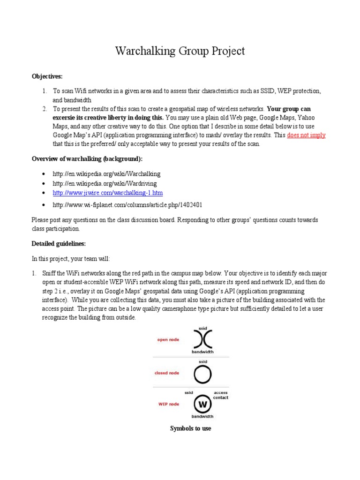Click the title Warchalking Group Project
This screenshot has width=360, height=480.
click(180, 51)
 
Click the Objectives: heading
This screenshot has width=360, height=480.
click(46, 76)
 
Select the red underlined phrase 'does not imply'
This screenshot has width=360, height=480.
click(306, 135)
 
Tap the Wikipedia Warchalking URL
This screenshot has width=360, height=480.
click(99, 174)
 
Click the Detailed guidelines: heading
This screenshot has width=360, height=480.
click(59, 244)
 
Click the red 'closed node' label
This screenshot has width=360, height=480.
click(167, 374)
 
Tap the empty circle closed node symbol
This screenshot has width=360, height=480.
click(202, 374)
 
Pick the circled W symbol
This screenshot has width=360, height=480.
click(202, 404)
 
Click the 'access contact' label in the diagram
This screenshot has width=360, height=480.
click(220, 395)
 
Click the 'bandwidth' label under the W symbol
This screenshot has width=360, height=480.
click(202, 416)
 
